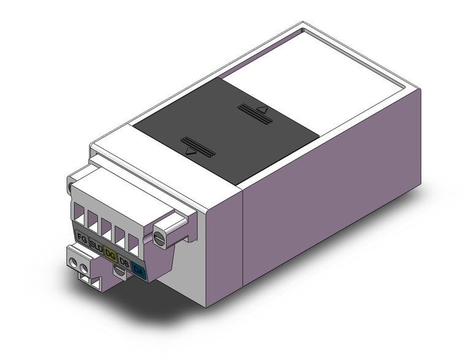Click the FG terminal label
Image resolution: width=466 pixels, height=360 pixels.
(x=81, y=237)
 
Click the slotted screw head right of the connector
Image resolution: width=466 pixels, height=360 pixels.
(x=161, y=236)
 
